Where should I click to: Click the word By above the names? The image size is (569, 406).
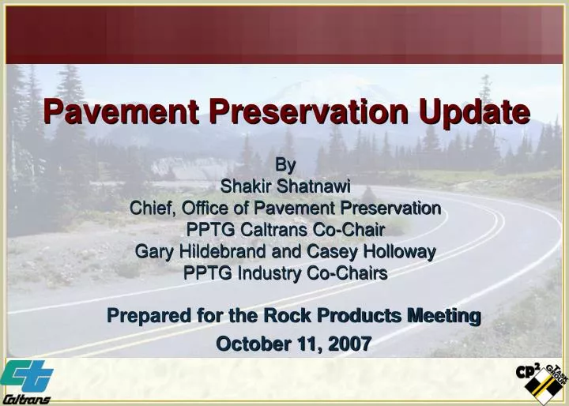point(284,165)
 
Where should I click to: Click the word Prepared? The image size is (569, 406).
point(144,316)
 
